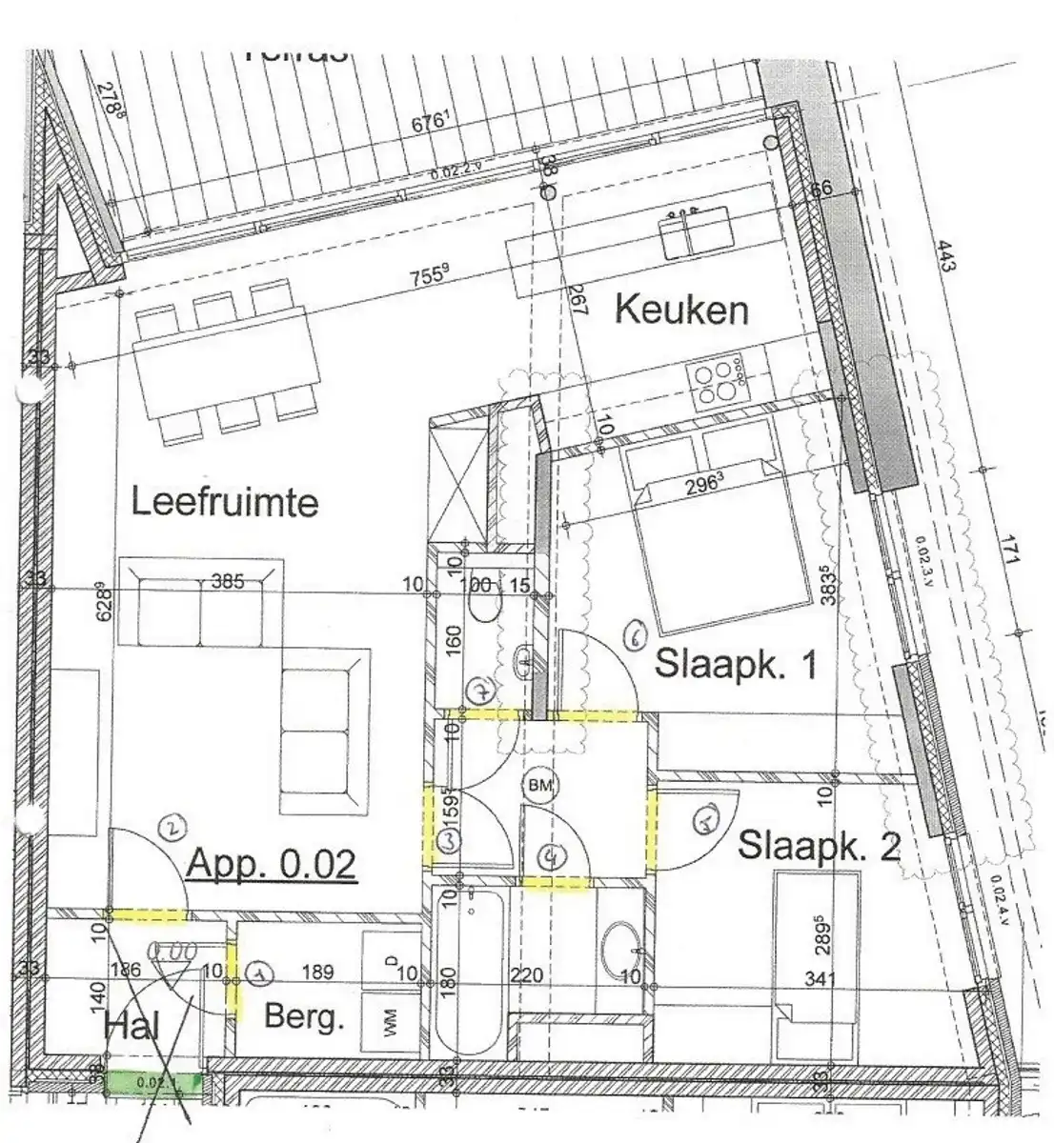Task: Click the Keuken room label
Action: (x=681, y=310)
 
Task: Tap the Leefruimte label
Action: (x=224, y=501)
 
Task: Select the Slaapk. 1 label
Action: (x=736, y=664)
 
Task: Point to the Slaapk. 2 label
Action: (x=819, y=845)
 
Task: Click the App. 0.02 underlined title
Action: (x=272, y=864)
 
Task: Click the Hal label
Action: (x=132, y=1026)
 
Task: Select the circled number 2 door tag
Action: (x=172, y=831)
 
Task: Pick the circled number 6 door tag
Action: (x=637, y=635)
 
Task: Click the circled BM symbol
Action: (x=540, y=786)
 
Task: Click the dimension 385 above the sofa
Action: (x=229, y=579)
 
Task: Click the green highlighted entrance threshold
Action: (x=152, y=1082)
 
